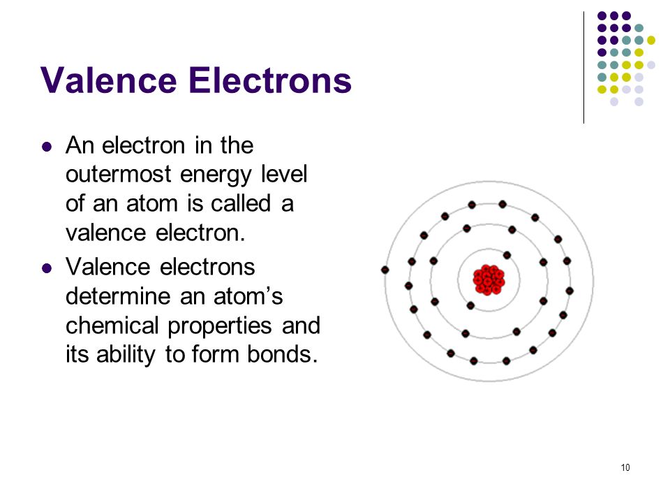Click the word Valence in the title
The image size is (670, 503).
click(x=109, y=80)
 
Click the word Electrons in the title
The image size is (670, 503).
click(x=270, y=80)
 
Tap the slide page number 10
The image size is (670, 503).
click(x=625, y=467)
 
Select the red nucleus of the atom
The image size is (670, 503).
click(x=489, y=279)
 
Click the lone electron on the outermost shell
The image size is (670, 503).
click(x=385, y=270)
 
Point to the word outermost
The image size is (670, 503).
click(x=119, y=175)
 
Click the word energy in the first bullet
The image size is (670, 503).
click(x=216, y=176)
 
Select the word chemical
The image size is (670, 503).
click(x=112, y=325)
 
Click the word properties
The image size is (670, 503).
click(x=220, y=327)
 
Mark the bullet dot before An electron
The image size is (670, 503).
click(x=47, y=147)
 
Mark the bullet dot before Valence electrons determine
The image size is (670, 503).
click(x=47, y=268)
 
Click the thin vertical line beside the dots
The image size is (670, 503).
click(x=583, y=68)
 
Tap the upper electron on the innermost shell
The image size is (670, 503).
click(x=507, y=256)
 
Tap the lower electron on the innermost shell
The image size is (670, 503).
click(x=470, y=305)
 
